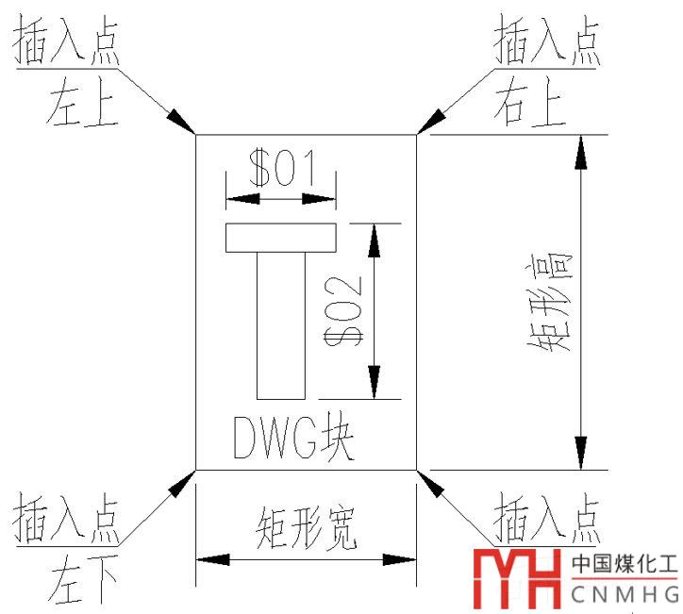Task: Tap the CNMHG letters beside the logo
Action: [x=625, y=595]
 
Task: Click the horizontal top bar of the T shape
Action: [x=281, y=238]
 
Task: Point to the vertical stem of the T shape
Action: [x=281, y=325]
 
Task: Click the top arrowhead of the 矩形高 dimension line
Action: [x=581, y=152]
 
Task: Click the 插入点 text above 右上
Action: [x=548, y=42]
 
